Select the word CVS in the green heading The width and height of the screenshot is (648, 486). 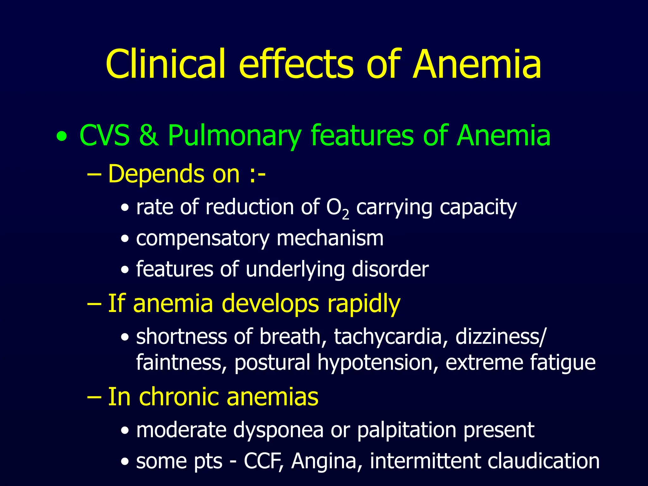coord(104,135)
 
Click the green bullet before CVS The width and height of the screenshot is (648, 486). coord(62,137)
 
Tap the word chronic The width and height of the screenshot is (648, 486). coord(182,397)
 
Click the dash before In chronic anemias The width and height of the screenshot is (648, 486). coord(94,397)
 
